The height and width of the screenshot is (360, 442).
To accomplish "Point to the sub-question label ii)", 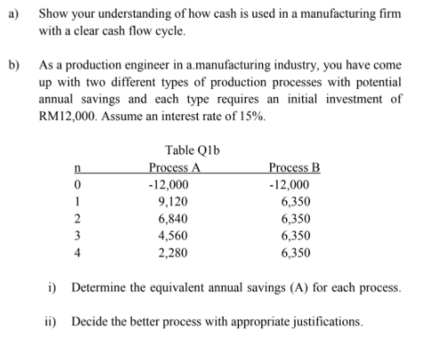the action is point(53,318).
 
